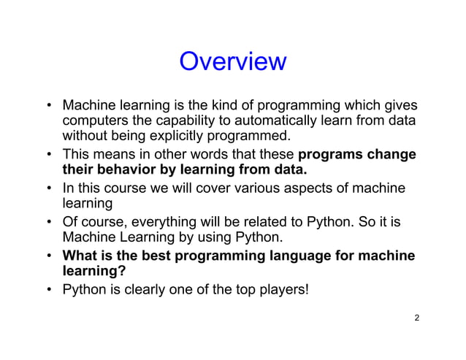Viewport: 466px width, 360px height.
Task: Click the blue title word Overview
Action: (232, 62)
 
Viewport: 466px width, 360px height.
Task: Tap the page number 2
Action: (416, 318)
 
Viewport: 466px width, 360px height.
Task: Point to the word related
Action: (256, 221)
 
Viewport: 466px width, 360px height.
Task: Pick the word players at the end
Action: (284, 289)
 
